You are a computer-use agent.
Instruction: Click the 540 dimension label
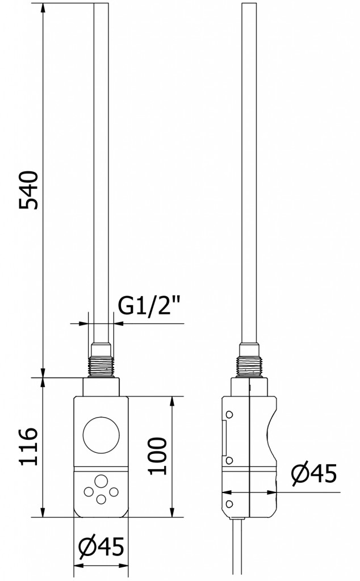29,190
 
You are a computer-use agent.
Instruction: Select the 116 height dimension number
29,447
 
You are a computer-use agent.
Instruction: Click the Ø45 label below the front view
101,548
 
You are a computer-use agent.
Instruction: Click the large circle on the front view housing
101,436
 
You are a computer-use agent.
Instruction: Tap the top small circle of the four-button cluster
101,481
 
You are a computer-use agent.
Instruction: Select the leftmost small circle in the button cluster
89,490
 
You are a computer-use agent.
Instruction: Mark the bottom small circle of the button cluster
101,499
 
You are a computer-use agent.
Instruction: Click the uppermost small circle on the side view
229,413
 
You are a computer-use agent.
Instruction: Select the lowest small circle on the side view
229,503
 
